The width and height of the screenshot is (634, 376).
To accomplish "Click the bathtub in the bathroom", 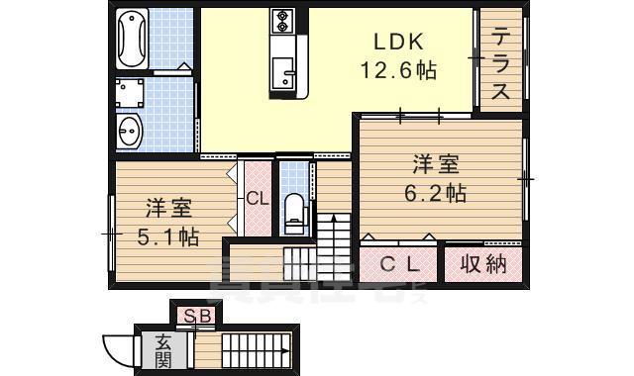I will tap(131, 39).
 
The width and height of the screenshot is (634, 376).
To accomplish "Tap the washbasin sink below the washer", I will tap(129, 129).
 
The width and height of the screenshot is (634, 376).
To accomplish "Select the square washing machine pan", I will tap(129, 94).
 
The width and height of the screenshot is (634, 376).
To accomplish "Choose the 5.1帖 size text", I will tap(168, 237).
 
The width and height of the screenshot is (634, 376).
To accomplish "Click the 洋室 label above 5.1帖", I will tap(168, 209).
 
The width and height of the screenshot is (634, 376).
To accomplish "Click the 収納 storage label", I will tap(482, 264).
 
